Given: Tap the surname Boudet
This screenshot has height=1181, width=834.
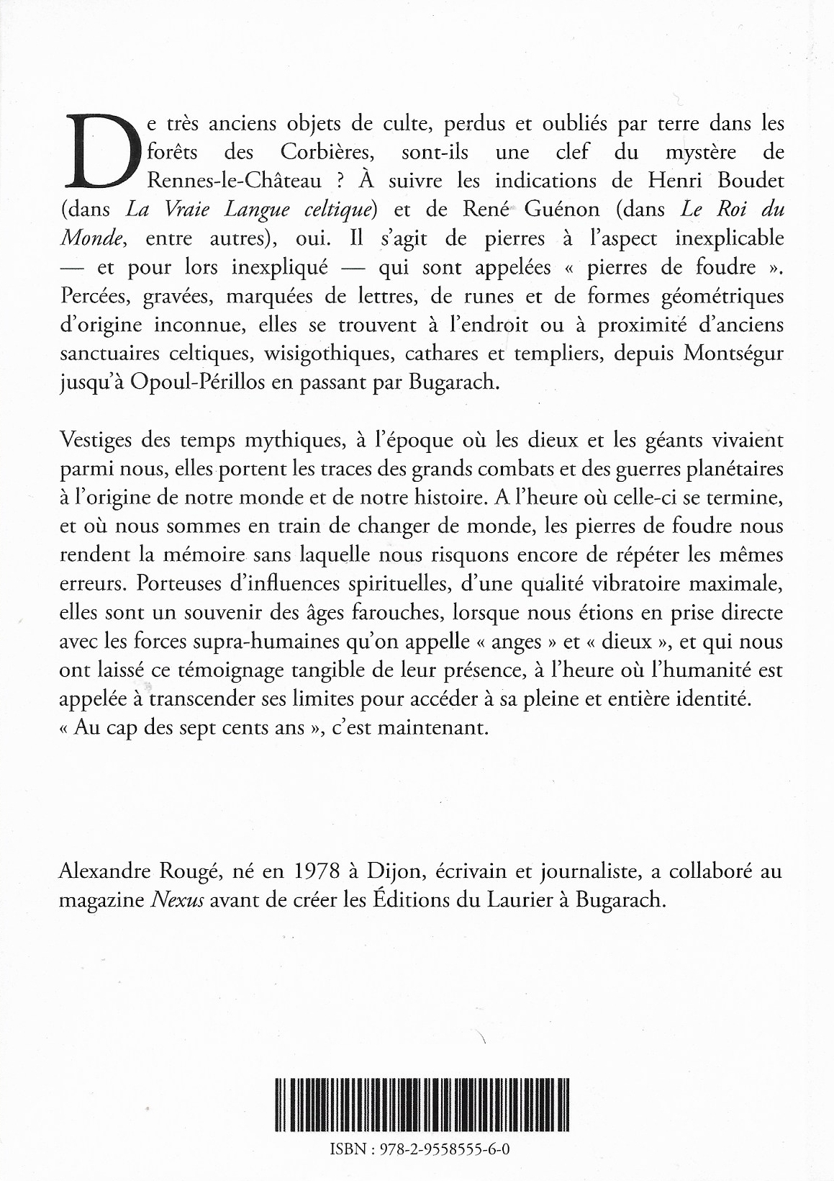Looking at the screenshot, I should tap(748, 181).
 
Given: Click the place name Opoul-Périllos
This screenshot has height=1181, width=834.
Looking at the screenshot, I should tap(189, 382).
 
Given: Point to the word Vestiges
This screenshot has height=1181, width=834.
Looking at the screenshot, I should tap(94, 440).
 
